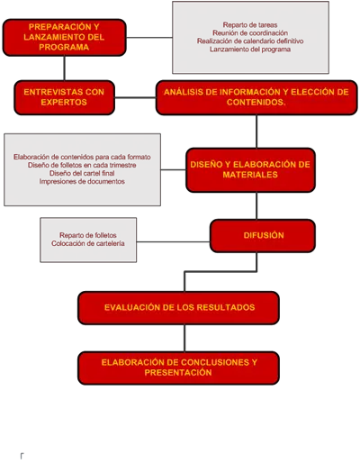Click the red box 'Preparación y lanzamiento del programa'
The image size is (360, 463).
click(x=64, y=38)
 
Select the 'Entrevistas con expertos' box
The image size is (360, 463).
click(x=64, y=97)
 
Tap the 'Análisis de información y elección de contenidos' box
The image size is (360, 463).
click(x=256, y=97)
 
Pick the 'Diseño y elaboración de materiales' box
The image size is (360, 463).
click(x=250, y=170)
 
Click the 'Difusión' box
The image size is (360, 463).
click(x=263, y=236)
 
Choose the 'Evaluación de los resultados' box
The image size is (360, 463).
click(x=178, y=308)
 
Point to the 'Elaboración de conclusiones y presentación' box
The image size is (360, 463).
click(x=178, y=368)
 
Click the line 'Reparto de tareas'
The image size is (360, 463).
click(x=250, y=25)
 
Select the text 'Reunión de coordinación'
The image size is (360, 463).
click(x=250, y=33)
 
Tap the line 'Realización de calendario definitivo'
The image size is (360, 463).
click(x=250, y=41)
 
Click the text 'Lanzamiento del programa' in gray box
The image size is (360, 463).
click(x=250, y=50)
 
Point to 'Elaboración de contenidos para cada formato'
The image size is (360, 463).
click(x=82, y=157)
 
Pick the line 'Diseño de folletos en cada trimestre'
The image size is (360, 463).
click(x=82, y=165)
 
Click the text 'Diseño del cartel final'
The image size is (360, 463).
click(x=82, y=173)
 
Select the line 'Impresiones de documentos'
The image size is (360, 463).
click(x=82, y=181)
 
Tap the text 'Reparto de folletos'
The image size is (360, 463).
click(x=88, y=235)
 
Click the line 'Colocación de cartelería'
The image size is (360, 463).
click(x=88, y=243)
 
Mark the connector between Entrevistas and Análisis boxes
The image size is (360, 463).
click(x=135, y=97)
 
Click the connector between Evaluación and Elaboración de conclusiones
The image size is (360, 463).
click(x=184, y=338)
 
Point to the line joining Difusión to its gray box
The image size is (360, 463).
click(x=173, y=241)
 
